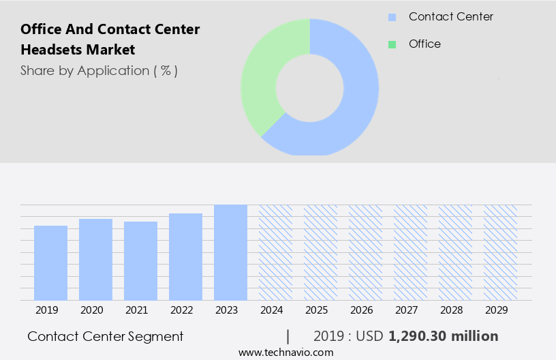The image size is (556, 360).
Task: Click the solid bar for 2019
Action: click(50, 262)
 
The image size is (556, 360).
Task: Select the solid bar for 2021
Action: click(140, 260)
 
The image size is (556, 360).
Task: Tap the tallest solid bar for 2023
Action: click(230, 252)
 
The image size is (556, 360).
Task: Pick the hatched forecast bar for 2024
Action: click(275, 252)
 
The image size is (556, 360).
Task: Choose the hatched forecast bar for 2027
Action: click(410, 252)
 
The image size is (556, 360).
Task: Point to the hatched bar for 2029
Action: click(500, 252)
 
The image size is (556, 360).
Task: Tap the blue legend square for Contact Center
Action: click(392, 17)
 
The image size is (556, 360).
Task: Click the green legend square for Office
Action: click(392, 44)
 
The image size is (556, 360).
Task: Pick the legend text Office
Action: click(424, 44)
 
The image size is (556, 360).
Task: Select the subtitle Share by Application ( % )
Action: click(99, 71)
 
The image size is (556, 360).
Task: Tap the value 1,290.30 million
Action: click(443, 336)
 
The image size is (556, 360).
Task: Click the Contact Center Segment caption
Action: click(106, 336)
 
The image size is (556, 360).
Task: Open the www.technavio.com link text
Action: click(286, 352)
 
